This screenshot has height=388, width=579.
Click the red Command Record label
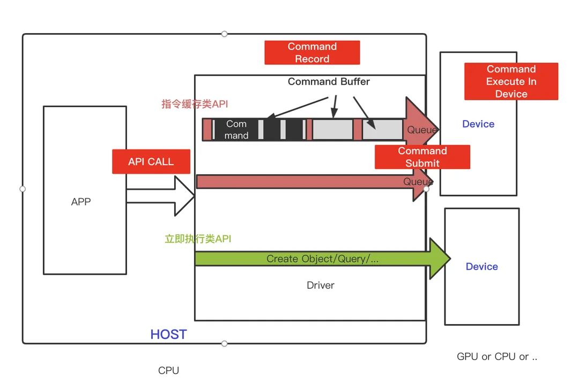312,53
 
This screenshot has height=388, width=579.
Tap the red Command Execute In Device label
511,81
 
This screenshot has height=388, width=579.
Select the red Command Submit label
422,156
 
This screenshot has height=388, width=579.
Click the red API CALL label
151,161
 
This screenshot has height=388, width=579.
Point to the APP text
81,202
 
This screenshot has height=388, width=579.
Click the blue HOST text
168,334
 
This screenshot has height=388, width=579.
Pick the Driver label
321,285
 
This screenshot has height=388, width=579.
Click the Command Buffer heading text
329,81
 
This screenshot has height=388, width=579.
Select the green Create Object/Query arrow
322,259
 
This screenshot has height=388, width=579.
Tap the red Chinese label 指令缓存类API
195,104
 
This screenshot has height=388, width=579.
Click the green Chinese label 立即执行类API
198,238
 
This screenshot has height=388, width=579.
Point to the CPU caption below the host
168,370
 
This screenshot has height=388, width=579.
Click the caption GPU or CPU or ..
497,356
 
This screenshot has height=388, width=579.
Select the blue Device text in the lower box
481,266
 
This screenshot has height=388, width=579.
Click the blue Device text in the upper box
478,124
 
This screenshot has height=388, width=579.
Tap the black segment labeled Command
236,130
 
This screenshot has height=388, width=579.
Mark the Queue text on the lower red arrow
418,182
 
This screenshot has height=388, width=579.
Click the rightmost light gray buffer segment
382,130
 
